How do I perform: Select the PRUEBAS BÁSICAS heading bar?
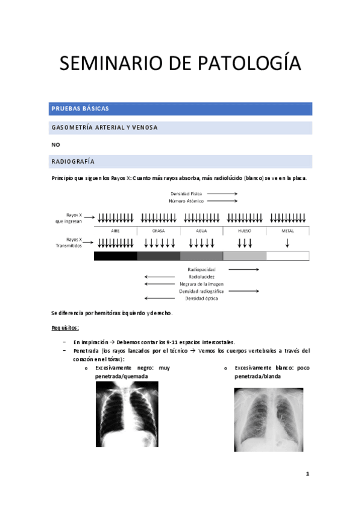[181, 109]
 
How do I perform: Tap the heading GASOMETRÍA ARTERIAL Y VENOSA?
[181, 127]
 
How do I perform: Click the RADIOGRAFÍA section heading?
[181, 161]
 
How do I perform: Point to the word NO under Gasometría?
[56, 144]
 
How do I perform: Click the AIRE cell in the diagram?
[115, 231]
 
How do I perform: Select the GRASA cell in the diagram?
[159, 231]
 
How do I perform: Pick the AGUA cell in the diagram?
[202, 231]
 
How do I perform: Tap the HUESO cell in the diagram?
[245, 231]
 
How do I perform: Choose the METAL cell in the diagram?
[287, 231]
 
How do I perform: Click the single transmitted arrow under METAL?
[287, 243]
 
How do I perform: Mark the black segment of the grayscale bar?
[115, 256]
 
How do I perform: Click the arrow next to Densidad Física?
[222, 194]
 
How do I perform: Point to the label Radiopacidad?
[202, 269]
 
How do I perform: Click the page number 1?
[307, 474]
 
